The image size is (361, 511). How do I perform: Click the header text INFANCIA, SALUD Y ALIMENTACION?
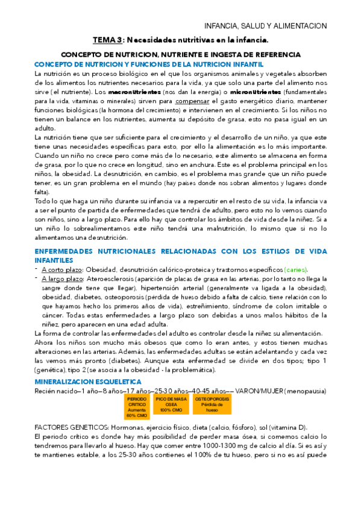[x=266, y=26]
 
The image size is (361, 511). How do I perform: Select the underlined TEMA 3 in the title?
[x=106, y=40]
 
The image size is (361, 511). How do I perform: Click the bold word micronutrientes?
[x=256, y=92]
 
